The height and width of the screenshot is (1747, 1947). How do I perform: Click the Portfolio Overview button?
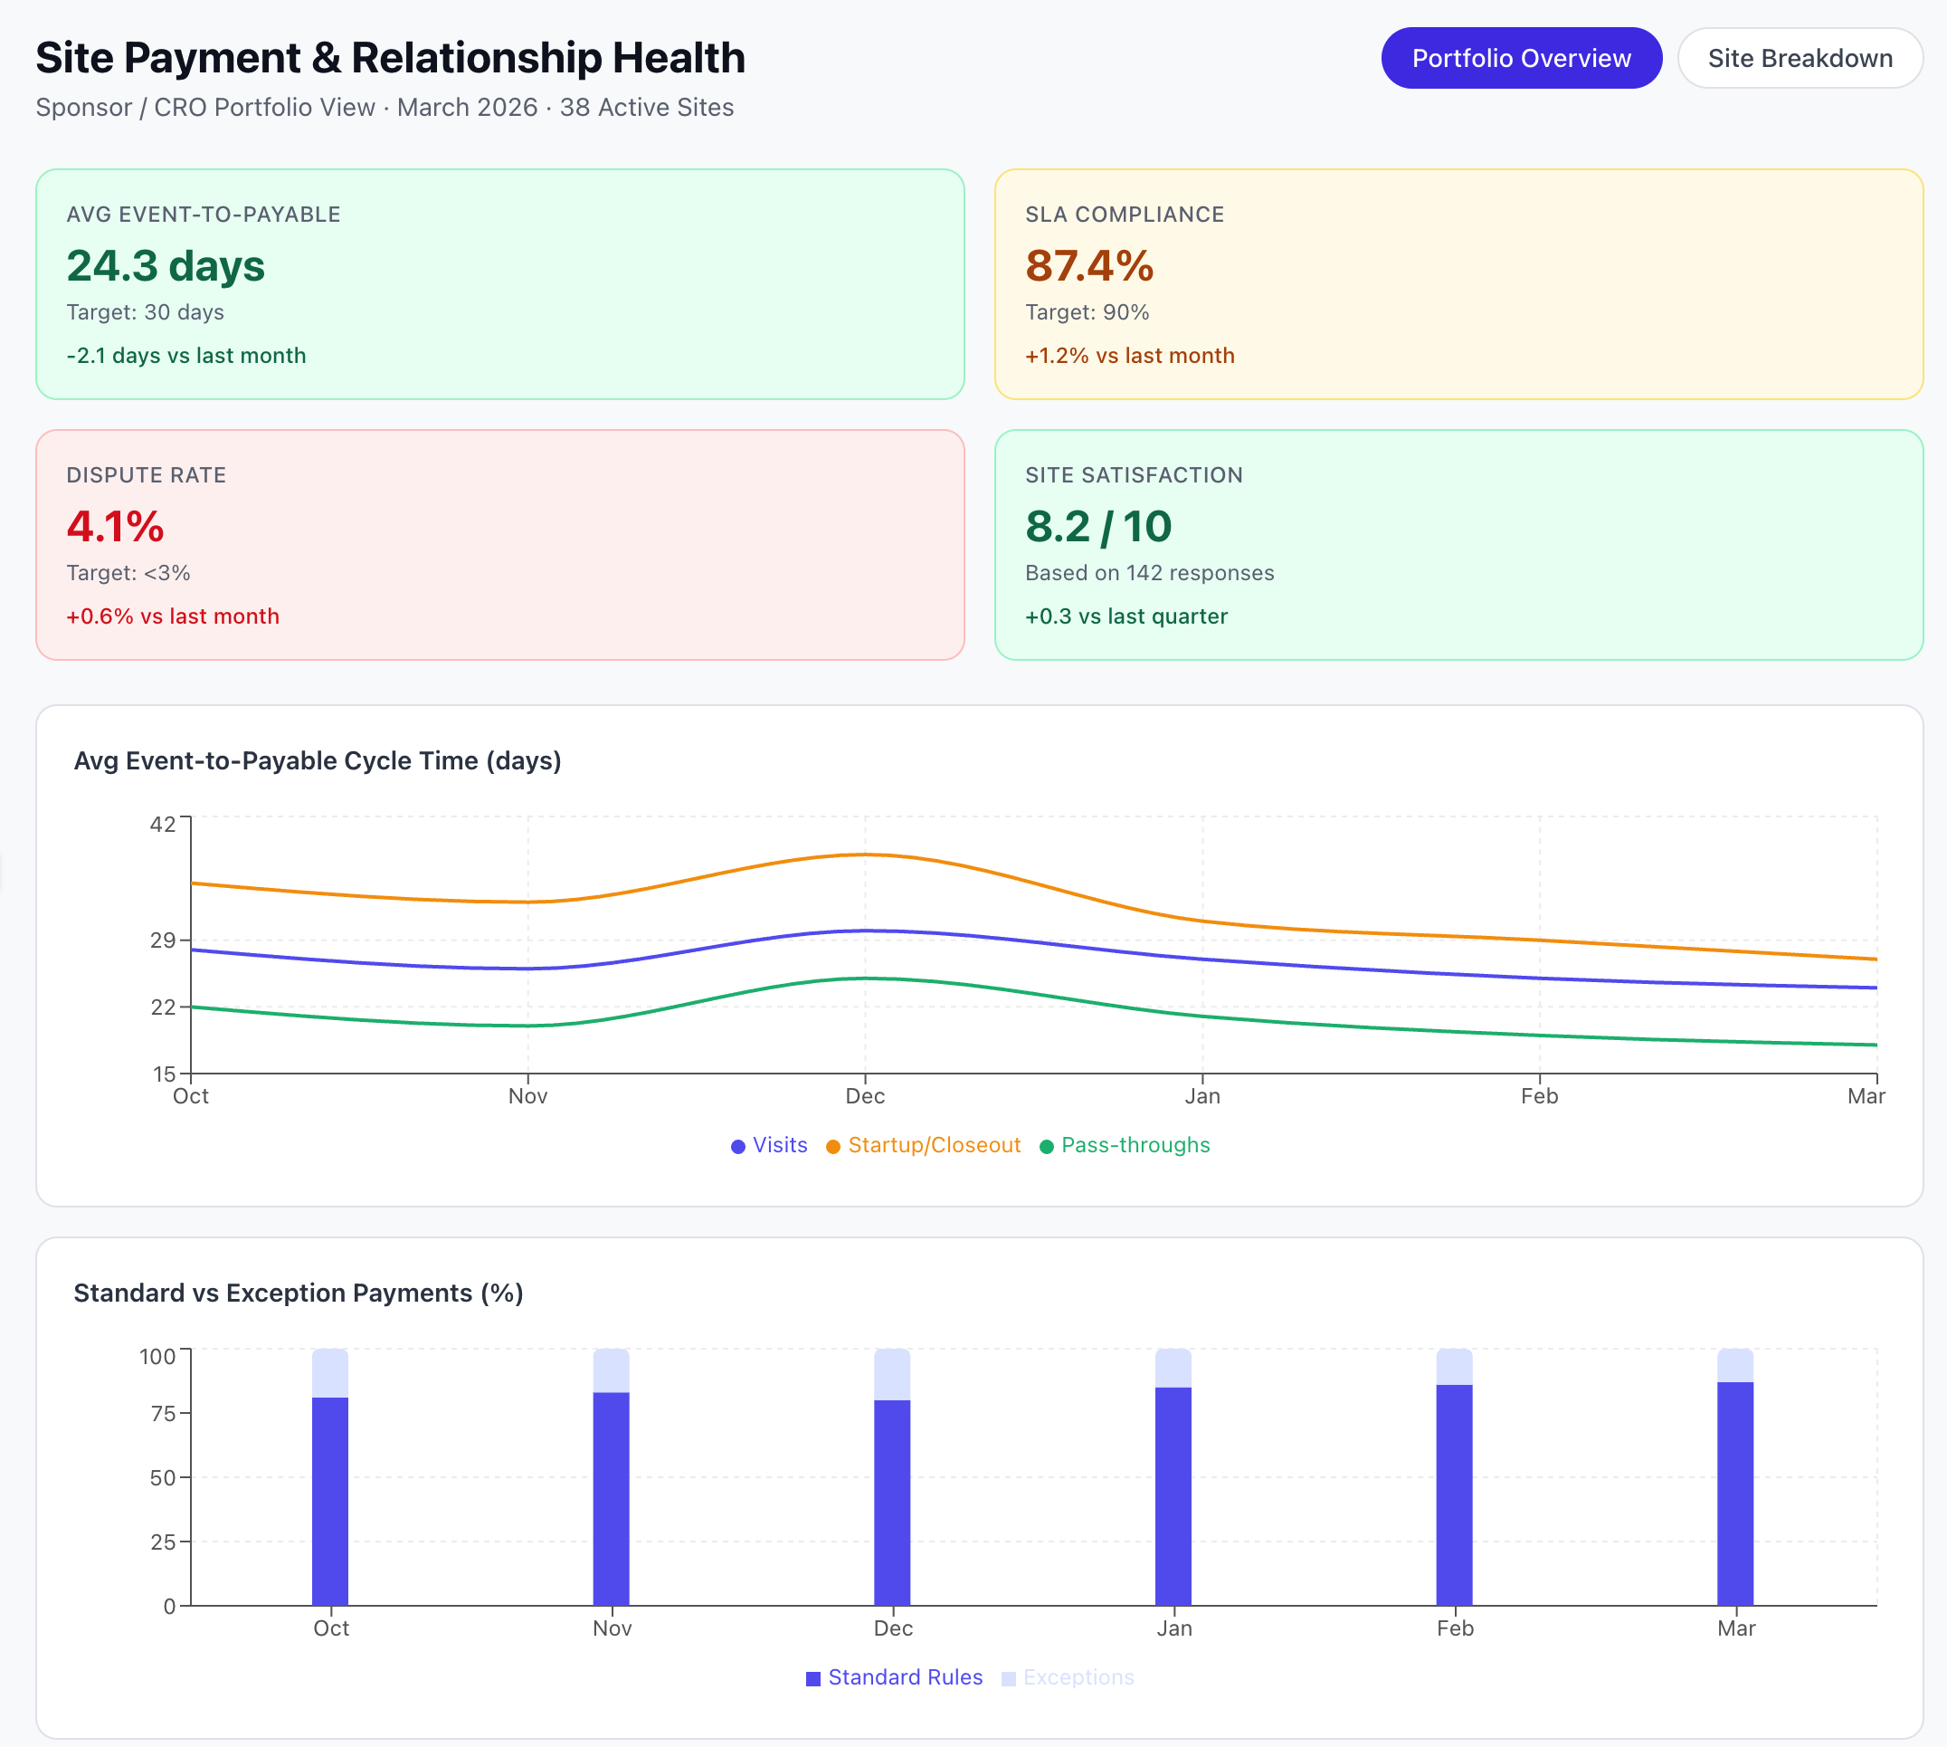pyautogui.click(x=1520, y=59)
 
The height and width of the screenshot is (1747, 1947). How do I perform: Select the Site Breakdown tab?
pyautogui.click(x=1799, y=59)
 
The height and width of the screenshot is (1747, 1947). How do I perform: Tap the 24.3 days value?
pyautogui.click(x=165, y=266)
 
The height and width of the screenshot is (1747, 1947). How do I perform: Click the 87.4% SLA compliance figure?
pyautogui.click(x=1088, y=266)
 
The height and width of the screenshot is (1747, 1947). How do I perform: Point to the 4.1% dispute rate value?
pyautogui.click(x=115, y=526)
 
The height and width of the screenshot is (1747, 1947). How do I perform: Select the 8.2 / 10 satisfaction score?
pyautogui.click(x=1097, y=526)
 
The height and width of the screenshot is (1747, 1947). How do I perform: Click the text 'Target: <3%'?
pyautogui.click(x=128, y=573)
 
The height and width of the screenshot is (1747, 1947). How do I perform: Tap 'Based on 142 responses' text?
pyautogui.click(x=1149, y=573)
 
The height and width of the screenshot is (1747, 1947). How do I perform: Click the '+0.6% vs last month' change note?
pyautogui.click(x=173, y=616)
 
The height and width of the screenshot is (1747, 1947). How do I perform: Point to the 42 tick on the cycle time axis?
pyautogui.click(x=162, y=824)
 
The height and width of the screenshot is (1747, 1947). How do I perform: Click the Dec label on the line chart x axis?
pyautogui.click(x=865, y=1096)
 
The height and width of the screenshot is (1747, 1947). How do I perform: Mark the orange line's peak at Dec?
pyautogui.click(x=865, y=854)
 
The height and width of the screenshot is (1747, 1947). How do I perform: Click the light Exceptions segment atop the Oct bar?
pyautogui.click(x=330, y=1372)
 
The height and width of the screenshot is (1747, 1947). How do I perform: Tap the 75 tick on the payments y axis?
pyautogui.click(x=162, y=1413)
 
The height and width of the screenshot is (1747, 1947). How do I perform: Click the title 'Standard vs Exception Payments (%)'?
pyautogui.click(x=299, y=1293)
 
